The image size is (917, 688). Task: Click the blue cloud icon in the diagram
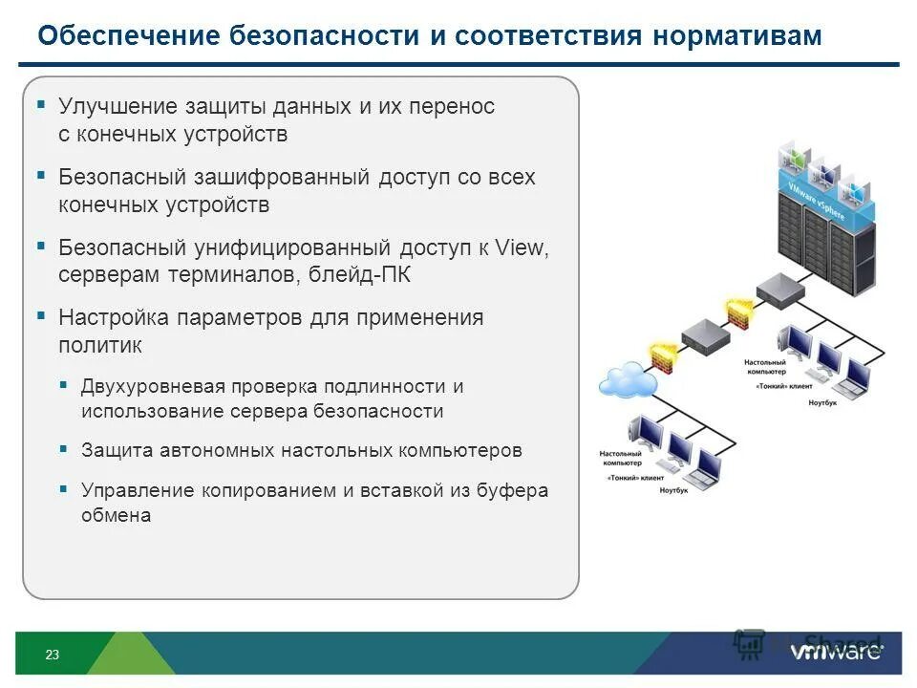click(x=627, y=380)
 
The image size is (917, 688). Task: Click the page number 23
click(x=52, y=655)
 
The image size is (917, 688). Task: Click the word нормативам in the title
click(x=737, y=36)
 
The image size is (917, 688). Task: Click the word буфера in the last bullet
click(x=516, y=490)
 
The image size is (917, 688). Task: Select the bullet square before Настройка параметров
click(x=41, y=315)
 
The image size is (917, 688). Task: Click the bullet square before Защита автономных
click(x=63, y=447)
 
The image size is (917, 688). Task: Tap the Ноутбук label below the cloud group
click(x=674, y=491)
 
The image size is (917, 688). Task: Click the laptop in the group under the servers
click(x=848, y=383)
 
